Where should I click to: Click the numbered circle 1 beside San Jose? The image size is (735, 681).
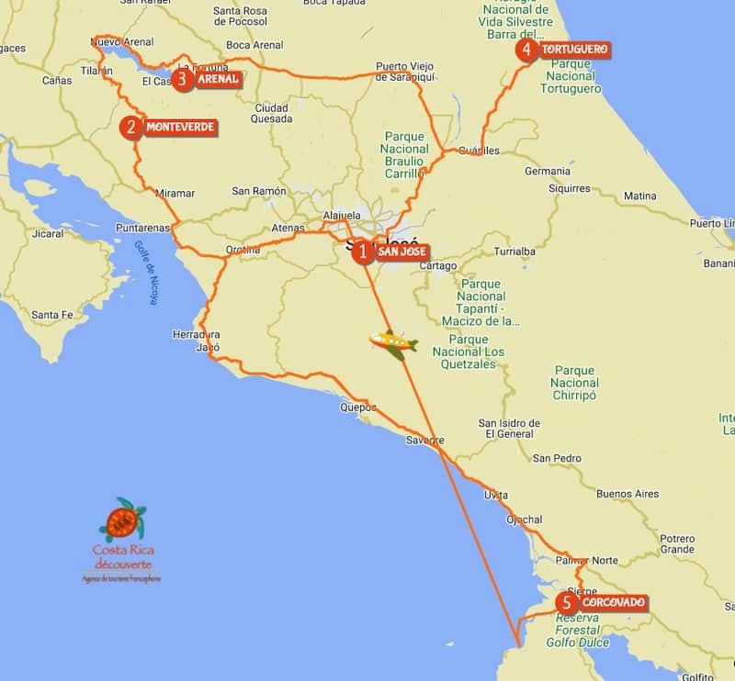point(363,251)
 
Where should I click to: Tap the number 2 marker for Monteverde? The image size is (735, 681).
point(132,128)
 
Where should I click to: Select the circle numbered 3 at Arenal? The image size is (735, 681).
point(183,80)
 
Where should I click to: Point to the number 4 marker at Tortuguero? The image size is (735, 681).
point(526,50)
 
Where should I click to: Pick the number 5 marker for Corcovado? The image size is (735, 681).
point(568,604)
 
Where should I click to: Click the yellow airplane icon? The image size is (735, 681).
point(393,343)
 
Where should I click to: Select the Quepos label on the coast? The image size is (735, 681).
point(358,407)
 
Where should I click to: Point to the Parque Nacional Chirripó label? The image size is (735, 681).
point(575,383)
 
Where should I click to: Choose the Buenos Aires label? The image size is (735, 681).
point(628,494)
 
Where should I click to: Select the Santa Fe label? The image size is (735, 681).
point(51,315)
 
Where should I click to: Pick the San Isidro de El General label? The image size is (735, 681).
point(509,428)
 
